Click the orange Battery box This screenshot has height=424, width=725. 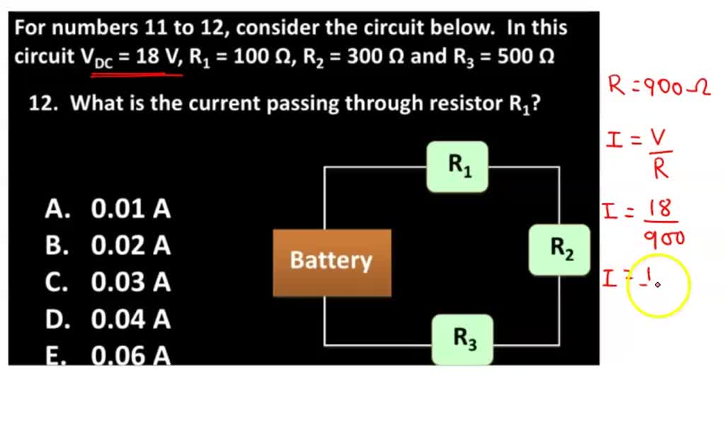[x=331, y=262]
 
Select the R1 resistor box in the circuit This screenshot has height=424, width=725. [x=457, y=167]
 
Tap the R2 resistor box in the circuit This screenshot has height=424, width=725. [x=559, y=250]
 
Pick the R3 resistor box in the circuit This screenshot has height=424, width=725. [x=462, y=340]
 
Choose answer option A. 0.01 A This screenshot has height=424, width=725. [x=108, y=209]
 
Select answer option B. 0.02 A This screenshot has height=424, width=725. [x=108, y=246]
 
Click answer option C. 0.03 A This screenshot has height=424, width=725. [x=108, y=283]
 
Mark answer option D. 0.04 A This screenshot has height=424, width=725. [x=108, y=320]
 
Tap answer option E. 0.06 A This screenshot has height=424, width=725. [x=108, y=355]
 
